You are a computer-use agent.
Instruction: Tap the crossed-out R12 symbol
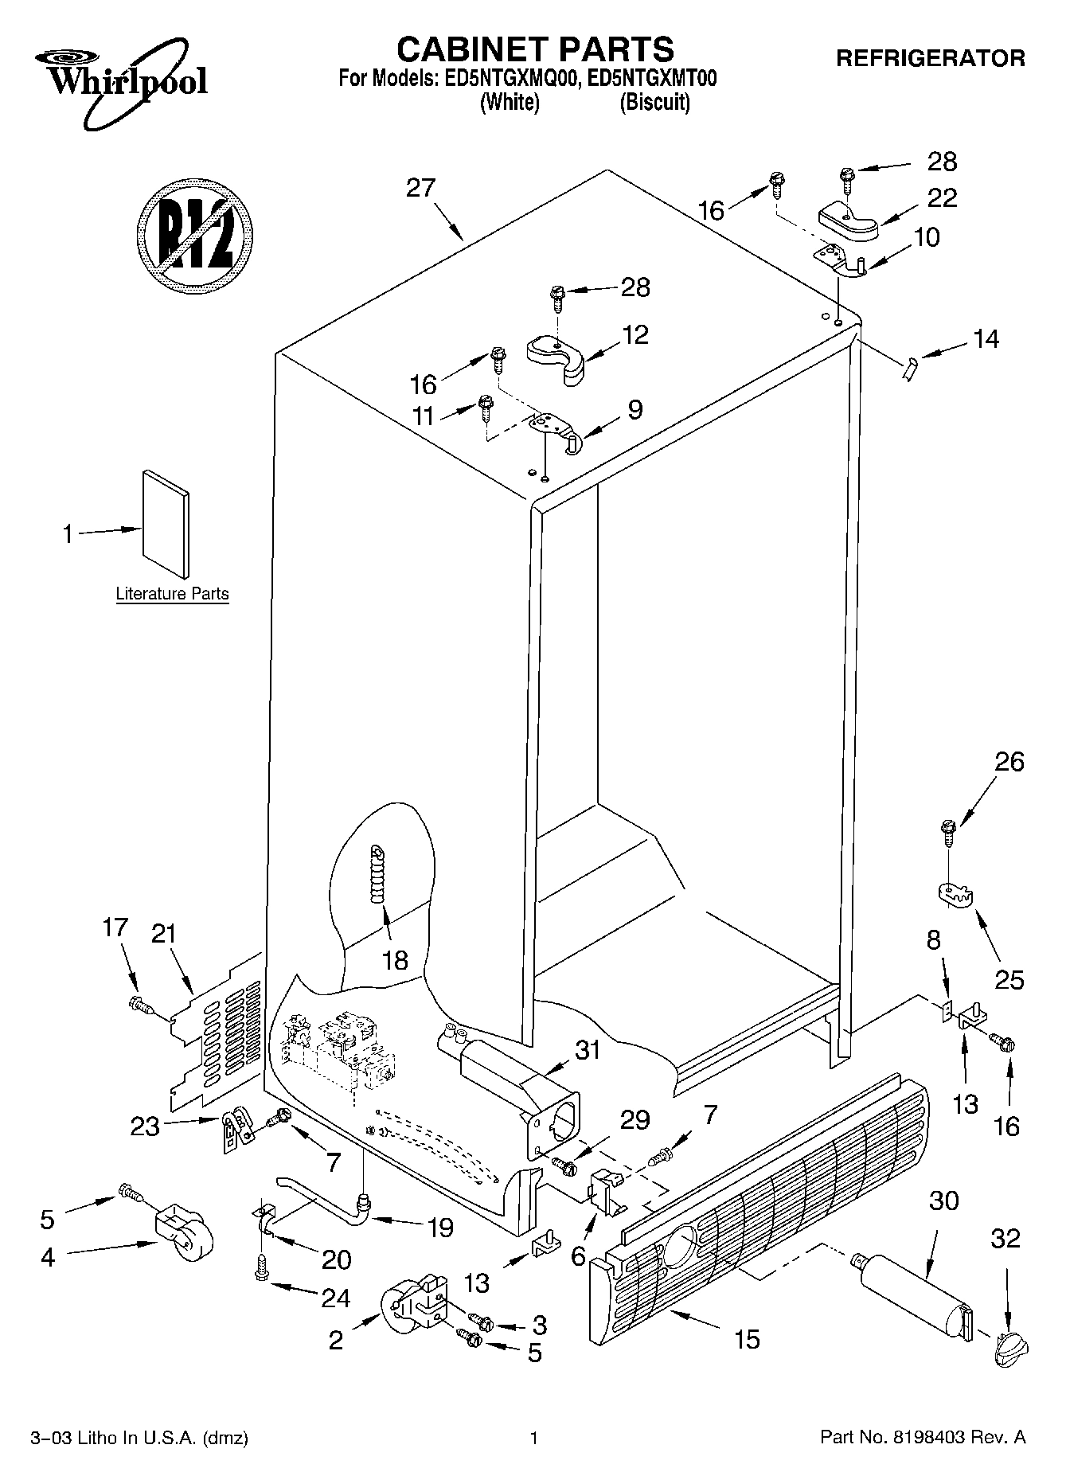pos(194,236)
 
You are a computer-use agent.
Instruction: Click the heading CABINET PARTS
pos(535,49)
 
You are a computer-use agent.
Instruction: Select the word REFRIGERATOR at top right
pos(930,58)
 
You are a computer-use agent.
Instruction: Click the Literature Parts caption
pos(172,594)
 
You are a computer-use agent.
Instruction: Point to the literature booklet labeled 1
pos(166,522)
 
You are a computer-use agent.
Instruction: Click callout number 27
pos(421,188)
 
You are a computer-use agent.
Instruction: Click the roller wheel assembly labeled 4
pos(182,1233)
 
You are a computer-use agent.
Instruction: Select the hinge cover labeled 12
pos(556,355)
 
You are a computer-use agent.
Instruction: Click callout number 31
pos(588,1050)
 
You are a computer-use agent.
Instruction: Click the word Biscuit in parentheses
pos(654,103)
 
